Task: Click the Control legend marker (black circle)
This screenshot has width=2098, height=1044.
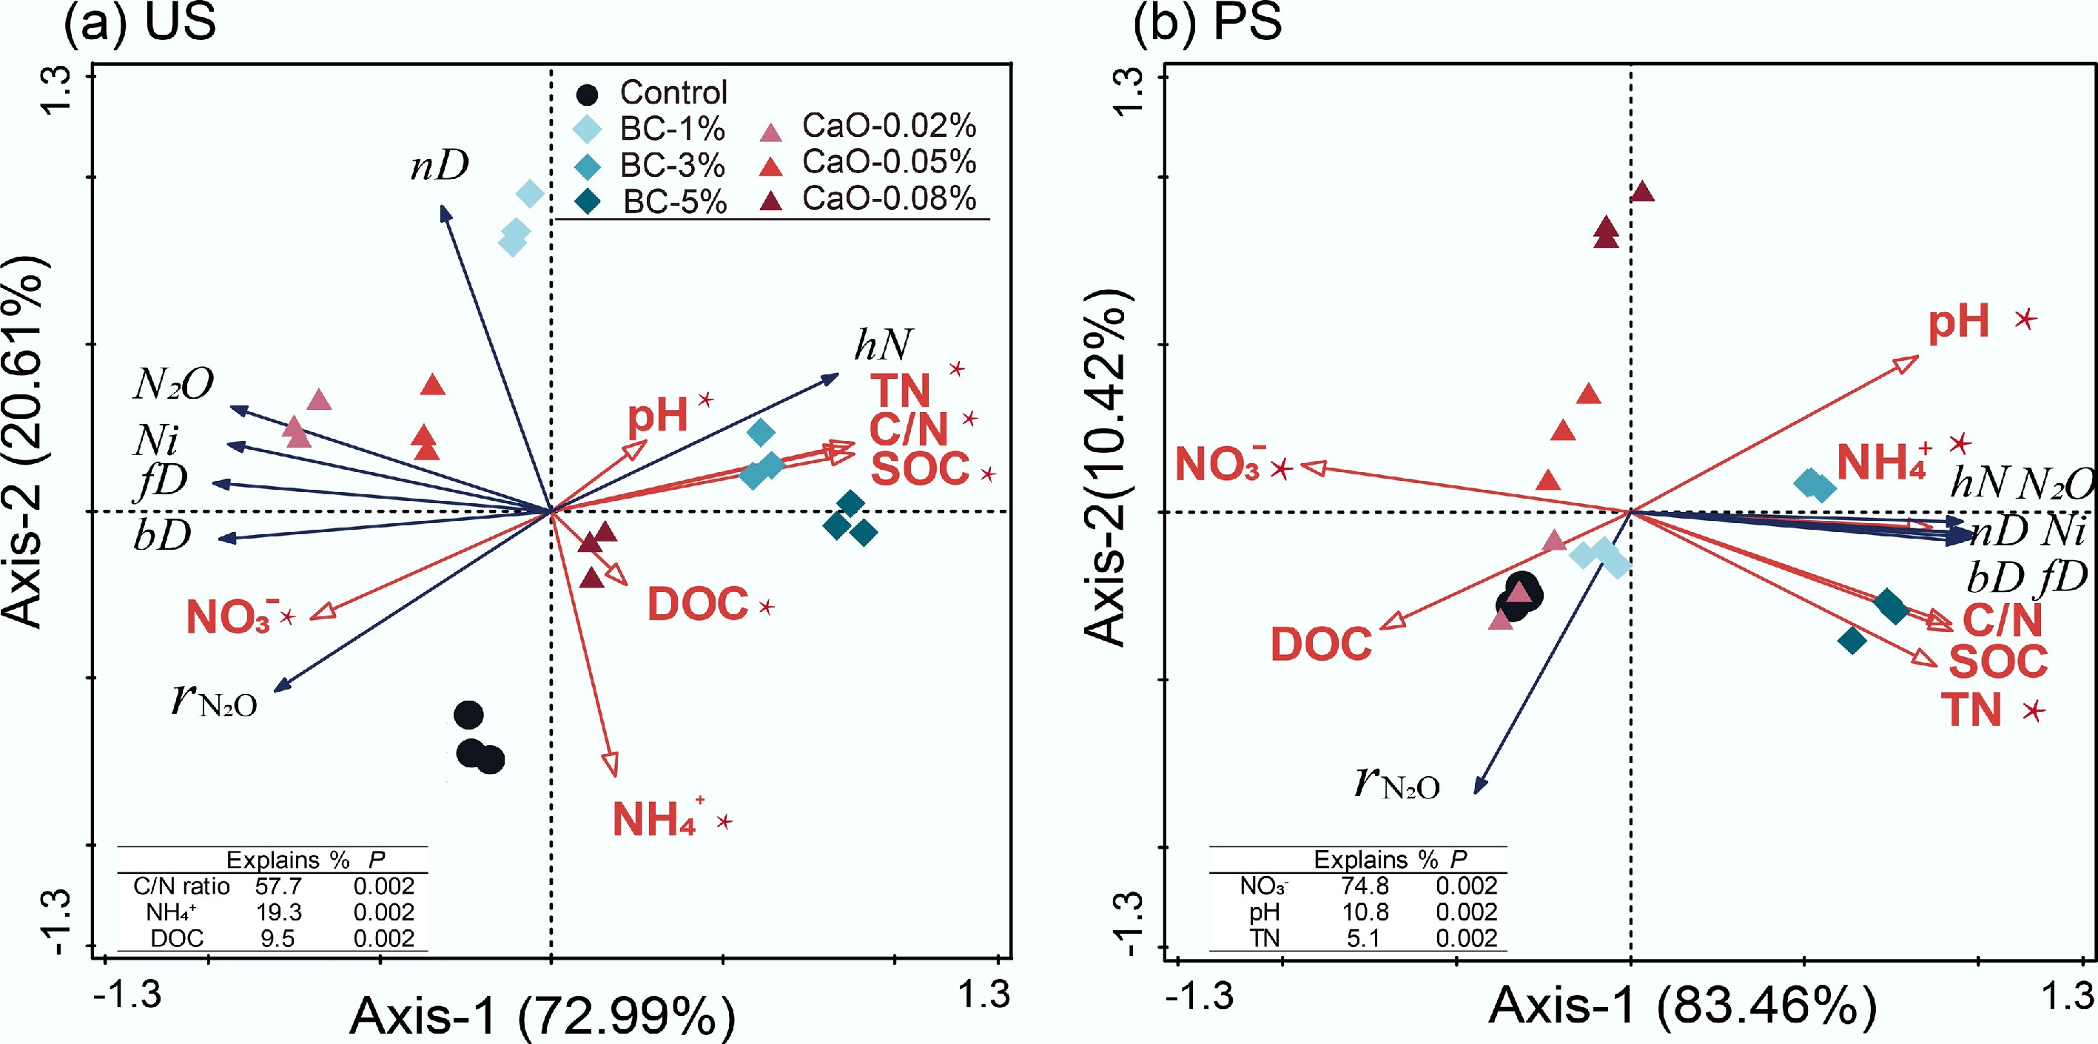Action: point(586,95)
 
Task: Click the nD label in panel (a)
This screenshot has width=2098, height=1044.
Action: point(439,166)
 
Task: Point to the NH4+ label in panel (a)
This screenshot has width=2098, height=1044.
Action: point(656,819)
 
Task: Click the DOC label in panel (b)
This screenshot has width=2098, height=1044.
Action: point(1321,645)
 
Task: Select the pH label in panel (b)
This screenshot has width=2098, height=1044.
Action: point(1958,322)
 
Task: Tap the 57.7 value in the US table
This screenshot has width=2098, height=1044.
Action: point(278,886)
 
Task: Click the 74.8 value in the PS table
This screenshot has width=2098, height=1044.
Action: point(1364,886)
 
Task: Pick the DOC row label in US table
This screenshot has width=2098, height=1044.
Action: point(177,938)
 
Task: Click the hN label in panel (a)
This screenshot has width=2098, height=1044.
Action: point(883,345)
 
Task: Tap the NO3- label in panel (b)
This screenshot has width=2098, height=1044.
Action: point(1220,465)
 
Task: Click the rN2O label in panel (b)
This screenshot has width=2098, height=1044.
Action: point(1396,783)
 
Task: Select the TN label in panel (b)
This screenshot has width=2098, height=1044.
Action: point(1971,710)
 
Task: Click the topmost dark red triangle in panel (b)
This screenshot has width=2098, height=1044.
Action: point(1642,192)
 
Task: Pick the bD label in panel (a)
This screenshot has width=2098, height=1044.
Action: point(162,535)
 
